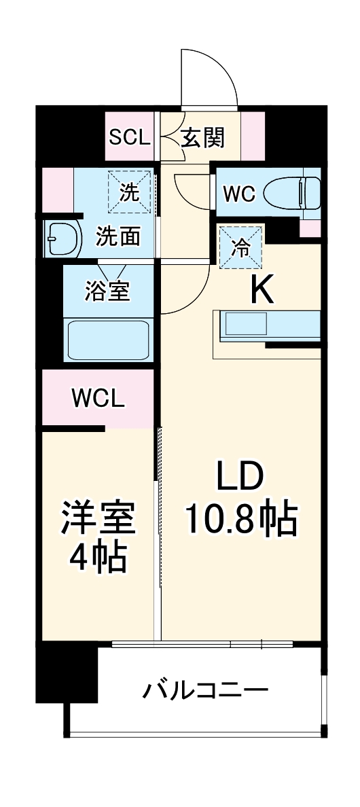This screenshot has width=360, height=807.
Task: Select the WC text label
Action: pyautogui.click(x=238, y=194)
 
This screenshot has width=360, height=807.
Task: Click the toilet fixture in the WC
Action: pyautogui.click(x=291, y=192)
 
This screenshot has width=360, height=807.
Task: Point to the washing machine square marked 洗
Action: pyautogui.click(x=130, y=192)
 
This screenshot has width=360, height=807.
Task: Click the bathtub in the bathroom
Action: pyautogui.click(x=109, y=340)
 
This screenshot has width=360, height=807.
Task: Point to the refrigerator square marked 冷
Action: pyautogui.click(x=241, y=247)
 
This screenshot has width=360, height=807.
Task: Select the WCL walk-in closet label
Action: pyautogui.click(x=98, y=399)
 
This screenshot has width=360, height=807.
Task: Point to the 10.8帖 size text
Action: pyautogui.click(x=242, y=518)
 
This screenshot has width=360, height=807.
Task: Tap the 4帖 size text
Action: pyautogui.click(x=98, y=558)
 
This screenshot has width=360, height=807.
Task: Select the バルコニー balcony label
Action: pyautogui.click(x=205, y=689)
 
